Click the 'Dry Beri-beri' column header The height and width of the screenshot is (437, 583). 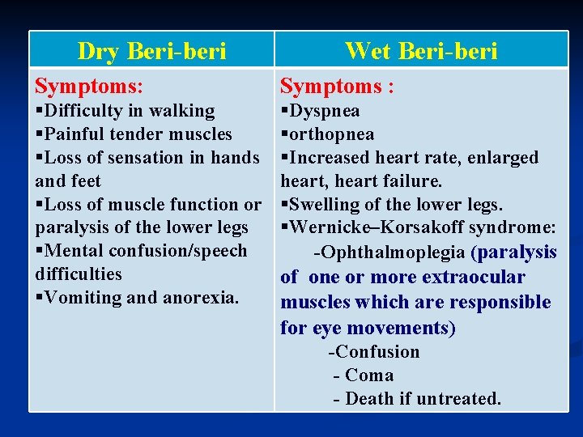(151, 51)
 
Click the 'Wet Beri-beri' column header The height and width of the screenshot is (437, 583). (420, 51)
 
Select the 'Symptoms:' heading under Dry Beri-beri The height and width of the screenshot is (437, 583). (89, 85)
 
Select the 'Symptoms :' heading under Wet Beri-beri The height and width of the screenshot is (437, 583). (337, 86)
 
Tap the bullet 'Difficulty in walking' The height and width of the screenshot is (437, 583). (126, 111)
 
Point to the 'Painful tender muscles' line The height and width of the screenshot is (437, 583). (134, 134)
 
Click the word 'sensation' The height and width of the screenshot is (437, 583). (151, 158)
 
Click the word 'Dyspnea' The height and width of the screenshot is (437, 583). (324, 111)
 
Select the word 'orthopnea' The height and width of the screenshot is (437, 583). (331, 134)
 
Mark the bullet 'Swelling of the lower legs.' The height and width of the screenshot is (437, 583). (392, 205)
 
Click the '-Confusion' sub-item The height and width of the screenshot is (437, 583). (373, 352)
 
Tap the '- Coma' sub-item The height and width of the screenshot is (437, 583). (364, 375)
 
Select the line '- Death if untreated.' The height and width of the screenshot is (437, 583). (417, 399)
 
